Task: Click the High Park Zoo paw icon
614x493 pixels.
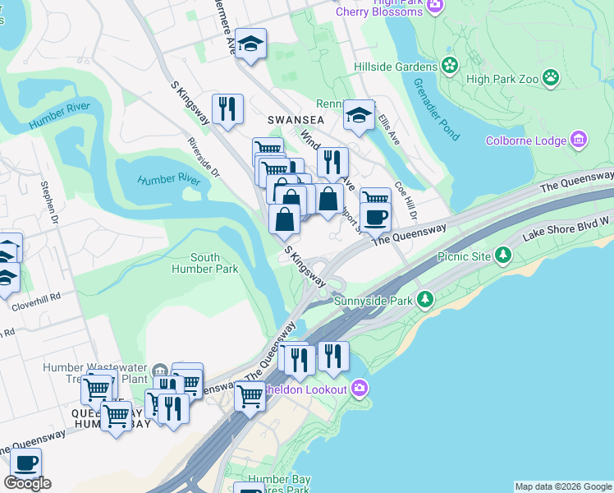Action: pyautogui.click(x=551, y=79)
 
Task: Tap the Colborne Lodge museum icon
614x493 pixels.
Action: pyautogui.click(x=579, y=140)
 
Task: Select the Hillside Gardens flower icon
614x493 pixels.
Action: pyautogui.click(x=449, y=66)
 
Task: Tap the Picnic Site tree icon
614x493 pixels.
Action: pyautogui.click(x=504, y=256)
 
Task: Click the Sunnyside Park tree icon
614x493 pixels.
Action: pyautogui.click(x=424, y=300)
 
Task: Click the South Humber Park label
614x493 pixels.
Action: pyautogui.click(x=204, y=263)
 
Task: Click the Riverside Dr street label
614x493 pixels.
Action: pyautogui.click(x=204, y=158)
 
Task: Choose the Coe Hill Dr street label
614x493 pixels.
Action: pyautogui.click(x=406, y=200)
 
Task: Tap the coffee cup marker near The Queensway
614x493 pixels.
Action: pyautogui.click(x=376, y=216)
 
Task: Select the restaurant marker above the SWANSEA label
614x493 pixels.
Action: pyautogui.click(x=226, y=108)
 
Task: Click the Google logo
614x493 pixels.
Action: pyautogui.click(x=27, y=483)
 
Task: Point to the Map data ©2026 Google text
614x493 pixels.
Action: pyautogui.click(x=562, y=486)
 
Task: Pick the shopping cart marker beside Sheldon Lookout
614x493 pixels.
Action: pyautogui.click(x=250, y=396)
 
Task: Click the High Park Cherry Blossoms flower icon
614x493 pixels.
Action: pyautogui.click(x=436, y=6)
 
